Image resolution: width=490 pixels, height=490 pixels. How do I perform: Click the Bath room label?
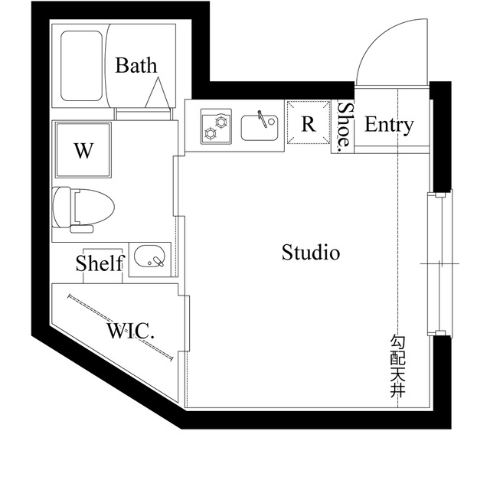point(136,65)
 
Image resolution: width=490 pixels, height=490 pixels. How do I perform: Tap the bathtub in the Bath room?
point(83,66)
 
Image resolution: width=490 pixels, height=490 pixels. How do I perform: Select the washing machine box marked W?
point(83,150)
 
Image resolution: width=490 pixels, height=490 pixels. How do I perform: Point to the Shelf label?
point(100,264)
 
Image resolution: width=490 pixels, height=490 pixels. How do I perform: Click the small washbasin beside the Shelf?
point(149,258)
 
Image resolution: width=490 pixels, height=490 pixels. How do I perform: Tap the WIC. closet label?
point(131,332)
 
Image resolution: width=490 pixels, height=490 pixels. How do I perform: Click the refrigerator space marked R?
point(309,124)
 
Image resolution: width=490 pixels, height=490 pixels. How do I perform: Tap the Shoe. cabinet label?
point(345,125)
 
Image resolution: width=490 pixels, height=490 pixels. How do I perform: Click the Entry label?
point(389,125)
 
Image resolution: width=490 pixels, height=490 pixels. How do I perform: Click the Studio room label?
point(311,252)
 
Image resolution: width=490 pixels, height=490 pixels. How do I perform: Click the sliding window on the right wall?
point(439,263)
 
